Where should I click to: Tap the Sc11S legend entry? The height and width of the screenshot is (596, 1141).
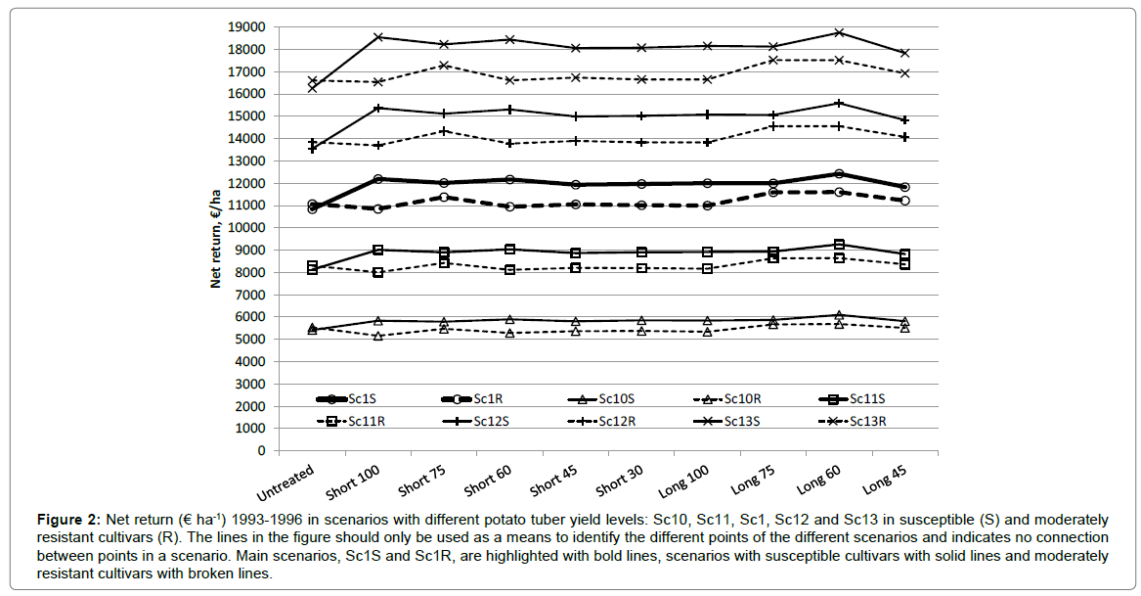[x=872, y=398]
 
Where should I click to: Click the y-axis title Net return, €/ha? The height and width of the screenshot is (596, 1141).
[x=216, y=239]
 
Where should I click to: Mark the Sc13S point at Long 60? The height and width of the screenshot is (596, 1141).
[x=838, y=32]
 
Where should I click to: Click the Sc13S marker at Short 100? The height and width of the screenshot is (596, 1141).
[x=377, y=37]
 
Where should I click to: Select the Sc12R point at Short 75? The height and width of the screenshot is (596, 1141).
[x=443, y=131]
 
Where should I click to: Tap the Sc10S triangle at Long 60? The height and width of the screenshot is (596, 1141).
[x=838, y=315]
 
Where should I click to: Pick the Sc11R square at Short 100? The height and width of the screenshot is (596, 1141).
[x=377, y=272]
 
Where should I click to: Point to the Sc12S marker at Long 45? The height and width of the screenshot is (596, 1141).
[x=904, y=120]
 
